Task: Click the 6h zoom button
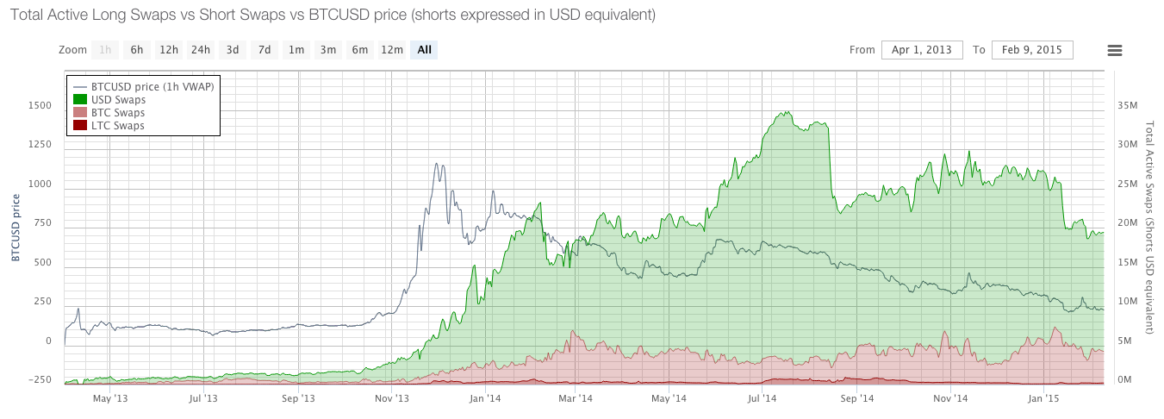pos(137,50)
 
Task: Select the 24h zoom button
pos(201,50)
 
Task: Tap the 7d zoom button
pos(265,50)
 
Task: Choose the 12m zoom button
pos(392,50)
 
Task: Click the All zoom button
pos(424,50)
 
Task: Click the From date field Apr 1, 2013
pos(921,50)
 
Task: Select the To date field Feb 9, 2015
pos(1032,50)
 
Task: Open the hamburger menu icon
pos(1114,50)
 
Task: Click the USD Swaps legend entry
pos(118,100)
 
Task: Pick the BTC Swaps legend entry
pos(117,113)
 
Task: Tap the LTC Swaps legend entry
pos(117,126)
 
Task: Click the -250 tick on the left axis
pos(39,379)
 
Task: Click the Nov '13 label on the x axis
pos(391,398)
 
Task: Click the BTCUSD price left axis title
pos(15,228)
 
